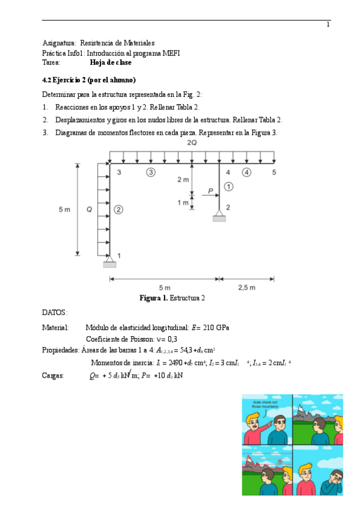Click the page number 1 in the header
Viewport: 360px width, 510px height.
[328, 25]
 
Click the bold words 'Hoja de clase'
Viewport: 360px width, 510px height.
[111, 62]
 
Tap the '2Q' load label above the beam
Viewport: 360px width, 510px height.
[192, 143]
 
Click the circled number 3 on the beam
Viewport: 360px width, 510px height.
[151, 173]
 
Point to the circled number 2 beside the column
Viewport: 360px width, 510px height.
[119, 209]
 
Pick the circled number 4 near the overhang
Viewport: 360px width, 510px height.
[247, 173]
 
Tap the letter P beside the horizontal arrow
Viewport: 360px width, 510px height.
[210, 191]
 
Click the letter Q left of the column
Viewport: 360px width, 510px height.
[89, 209]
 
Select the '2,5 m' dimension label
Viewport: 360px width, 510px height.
[246, 287]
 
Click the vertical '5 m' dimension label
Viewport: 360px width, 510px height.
[64, 209]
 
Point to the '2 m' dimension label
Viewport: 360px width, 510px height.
[183, 180]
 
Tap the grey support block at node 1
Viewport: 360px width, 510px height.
[109, 264]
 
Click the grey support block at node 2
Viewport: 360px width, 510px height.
[219, 218]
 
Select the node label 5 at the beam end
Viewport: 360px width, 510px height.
[273, 173]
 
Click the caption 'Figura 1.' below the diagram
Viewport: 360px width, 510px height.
[153, 298]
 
